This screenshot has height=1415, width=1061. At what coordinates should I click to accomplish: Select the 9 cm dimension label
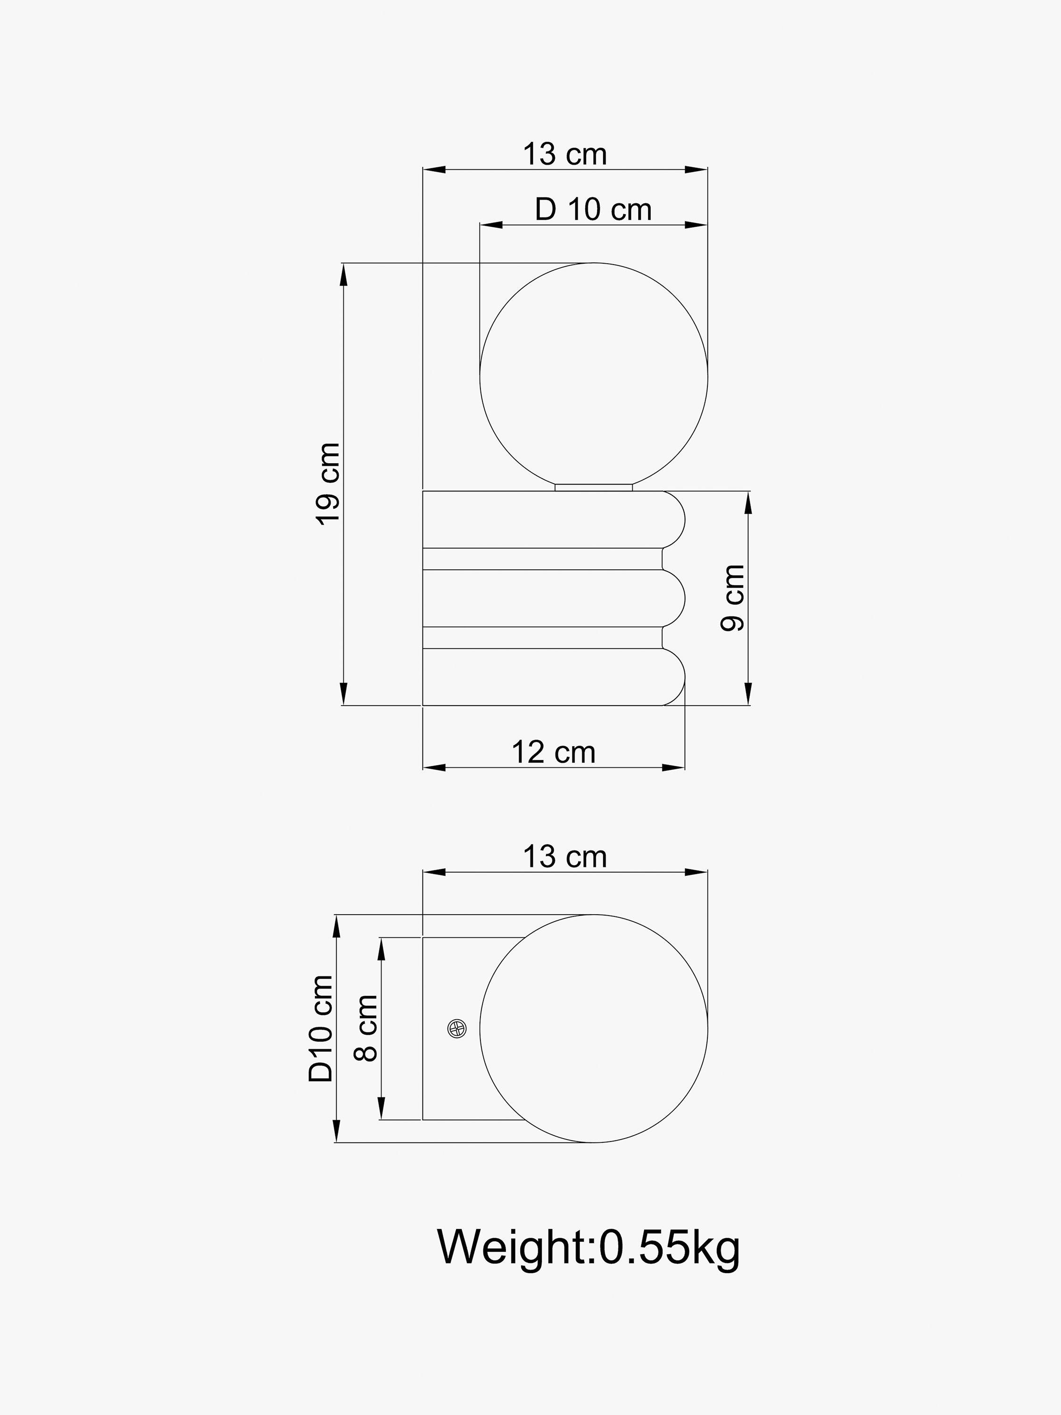[x=733, y=598]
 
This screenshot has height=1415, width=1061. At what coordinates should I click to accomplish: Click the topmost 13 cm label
[x=565, y=154]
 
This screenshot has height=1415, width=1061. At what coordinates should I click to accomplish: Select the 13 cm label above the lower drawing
[x=565, y=857]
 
